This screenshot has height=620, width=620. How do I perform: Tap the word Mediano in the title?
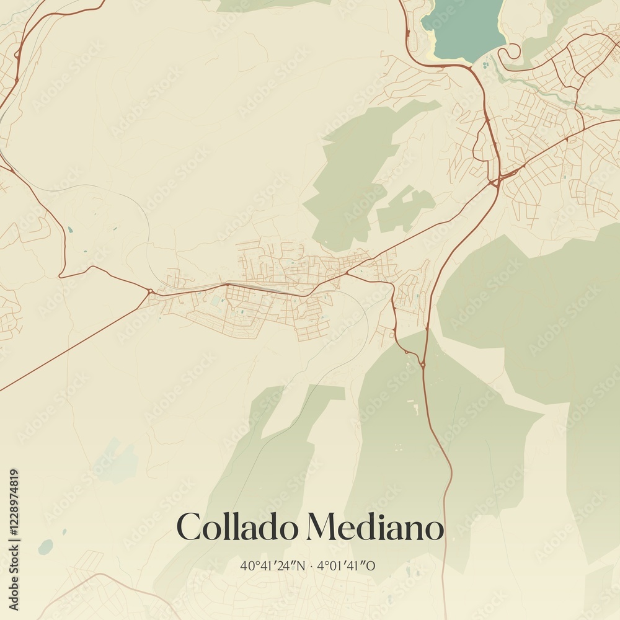375,528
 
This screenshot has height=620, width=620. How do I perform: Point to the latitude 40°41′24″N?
273,565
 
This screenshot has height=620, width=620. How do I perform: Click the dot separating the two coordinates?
311,565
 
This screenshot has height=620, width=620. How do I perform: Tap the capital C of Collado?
188,528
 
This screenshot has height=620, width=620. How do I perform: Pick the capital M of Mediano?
322,528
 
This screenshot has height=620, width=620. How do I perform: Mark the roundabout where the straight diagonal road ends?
151,290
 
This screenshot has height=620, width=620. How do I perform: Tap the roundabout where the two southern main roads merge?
423,364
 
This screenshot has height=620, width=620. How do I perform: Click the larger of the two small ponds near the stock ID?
45,547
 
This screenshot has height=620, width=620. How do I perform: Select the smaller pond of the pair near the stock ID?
64,531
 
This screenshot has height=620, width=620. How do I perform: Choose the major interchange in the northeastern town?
496,181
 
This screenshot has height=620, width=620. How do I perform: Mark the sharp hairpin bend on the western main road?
62,275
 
